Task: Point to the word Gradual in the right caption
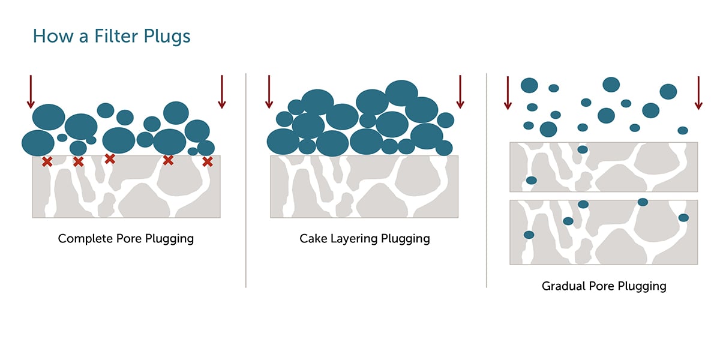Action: click(x=565, y=286)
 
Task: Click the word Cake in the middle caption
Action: click(x=313, y=239)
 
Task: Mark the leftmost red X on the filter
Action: click(x=47, y=161)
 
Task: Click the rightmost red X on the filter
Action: click(x=208, y=161)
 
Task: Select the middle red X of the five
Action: click(x=110, y=158)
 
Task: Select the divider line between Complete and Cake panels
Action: click(x=246, y=180)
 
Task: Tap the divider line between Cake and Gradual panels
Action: click(x=487, y=180)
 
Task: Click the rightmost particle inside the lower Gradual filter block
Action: click(x=683, y=218)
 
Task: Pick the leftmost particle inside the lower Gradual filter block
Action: click(x=529, y=235)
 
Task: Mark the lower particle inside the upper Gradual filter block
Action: click(x=532, y=180)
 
